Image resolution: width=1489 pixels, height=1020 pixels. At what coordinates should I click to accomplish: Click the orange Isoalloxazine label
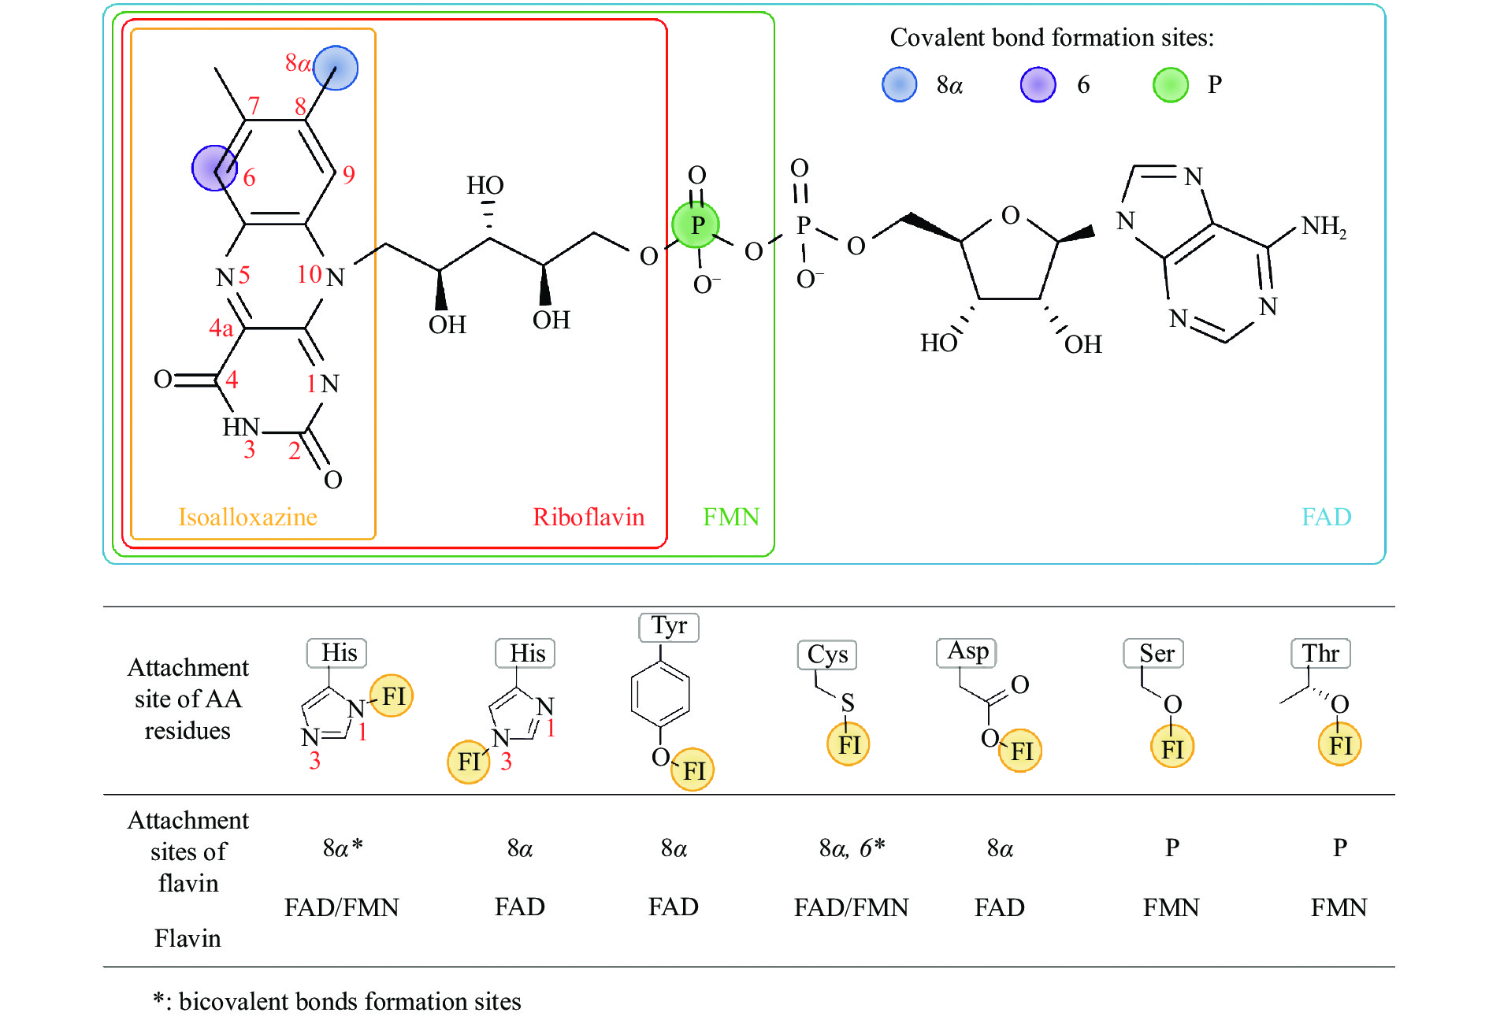click(247, 517)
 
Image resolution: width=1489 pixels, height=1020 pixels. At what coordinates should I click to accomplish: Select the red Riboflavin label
click(589, 517)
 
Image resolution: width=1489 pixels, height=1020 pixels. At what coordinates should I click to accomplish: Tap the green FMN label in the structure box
click(731, 517)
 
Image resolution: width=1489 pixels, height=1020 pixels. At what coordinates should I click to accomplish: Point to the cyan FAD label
click(1326, 517)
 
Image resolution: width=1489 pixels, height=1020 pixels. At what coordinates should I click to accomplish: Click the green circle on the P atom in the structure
click(696, 225)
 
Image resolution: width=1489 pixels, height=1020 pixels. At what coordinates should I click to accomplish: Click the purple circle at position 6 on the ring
click(214, 168)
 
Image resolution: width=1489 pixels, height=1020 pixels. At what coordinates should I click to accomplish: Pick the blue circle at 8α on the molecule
click(336, 68)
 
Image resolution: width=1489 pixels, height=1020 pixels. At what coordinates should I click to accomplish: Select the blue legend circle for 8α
click(899, 84)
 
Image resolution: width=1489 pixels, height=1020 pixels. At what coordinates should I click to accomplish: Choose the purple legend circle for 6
click(1038, 84)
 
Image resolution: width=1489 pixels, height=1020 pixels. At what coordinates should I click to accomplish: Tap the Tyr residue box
click(669, 627)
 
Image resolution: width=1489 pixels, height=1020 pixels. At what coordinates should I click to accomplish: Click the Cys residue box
click(827, 655)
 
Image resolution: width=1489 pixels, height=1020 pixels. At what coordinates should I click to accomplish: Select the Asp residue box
click(967, 652)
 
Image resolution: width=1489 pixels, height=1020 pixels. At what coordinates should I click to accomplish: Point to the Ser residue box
click(1155, 653)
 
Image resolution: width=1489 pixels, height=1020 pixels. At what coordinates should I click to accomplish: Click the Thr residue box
click(1320, 653)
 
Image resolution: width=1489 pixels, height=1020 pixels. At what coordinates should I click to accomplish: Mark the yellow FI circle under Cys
click(848, 744)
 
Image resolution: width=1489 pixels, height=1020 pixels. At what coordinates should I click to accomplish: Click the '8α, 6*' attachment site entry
click(852, 848)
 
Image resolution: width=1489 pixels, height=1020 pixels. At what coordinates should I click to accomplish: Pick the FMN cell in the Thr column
click(1339, 907)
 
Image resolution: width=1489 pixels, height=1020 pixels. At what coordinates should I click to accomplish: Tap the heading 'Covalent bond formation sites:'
click(1052, 37)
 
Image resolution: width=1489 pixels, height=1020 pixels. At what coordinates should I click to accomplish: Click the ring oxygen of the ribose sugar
click(1010, 215)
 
